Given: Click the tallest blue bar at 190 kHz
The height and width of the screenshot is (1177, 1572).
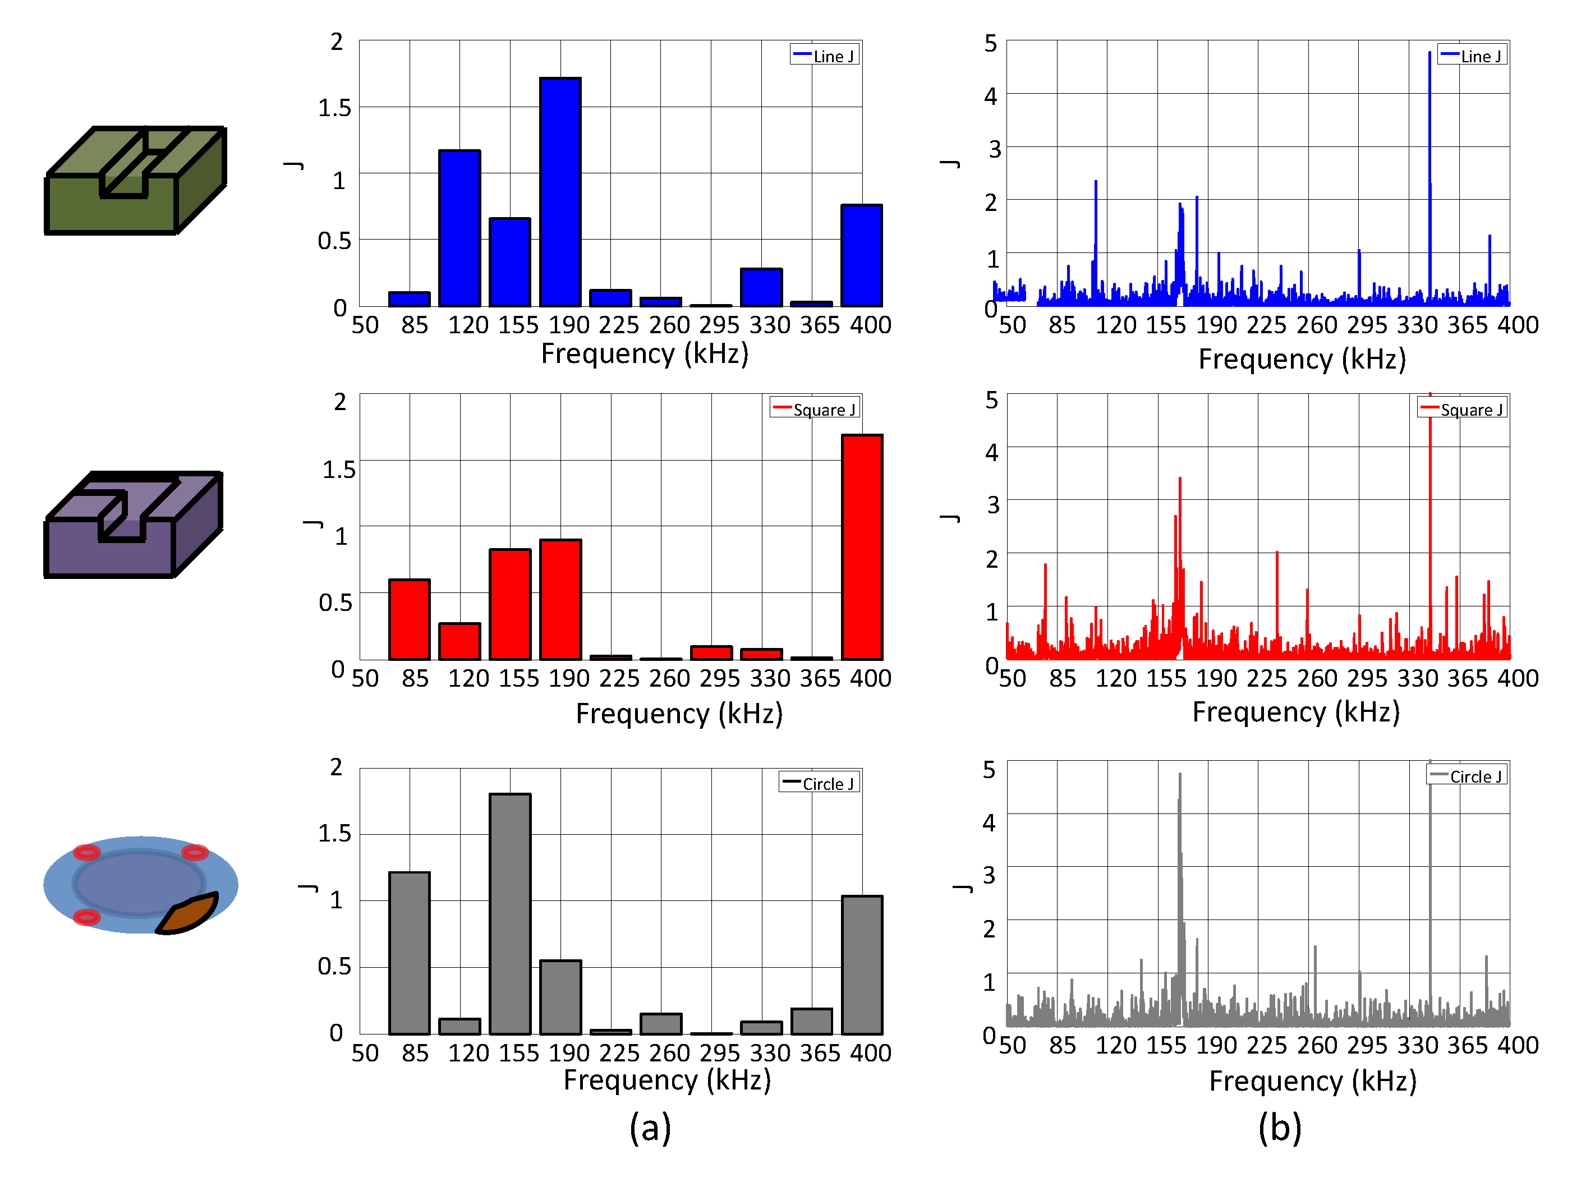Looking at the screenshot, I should coord(560,192).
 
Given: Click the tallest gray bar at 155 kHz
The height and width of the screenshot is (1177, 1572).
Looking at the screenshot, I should coord(509,913).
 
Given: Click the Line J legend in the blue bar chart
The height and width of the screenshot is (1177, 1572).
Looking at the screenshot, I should coord(824,56).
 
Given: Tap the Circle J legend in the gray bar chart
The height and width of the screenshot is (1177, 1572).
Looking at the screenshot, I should coord(820,783).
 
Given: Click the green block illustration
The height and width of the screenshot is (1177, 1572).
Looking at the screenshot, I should coord(135,181).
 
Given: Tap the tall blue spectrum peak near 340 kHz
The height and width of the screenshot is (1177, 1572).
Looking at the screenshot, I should coord(1429,142).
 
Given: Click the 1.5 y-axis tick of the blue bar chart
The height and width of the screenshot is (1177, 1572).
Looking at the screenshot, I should coord(334,108).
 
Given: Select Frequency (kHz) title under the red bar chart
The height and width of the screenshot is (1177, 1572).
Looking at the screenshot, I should coord(679,713).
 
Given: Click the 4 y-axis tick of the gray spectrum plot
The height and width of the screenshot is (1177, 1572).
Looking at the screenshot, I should coord(989,822).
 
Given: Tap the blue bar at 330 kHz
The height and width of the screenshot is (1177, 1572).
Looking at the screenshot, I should coord(761,287).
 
